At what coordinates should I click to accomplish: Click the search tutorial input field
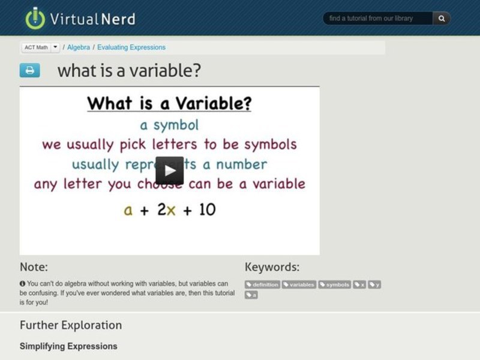point(378,19)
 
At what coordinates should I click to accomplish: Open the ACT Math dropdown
point(55,47)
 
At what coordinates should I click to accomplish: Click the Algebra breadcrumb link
point(79,47)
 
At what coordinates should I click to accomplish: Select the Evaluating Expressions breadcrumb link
point(131,47)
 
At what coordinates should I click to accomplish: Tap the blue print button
point(29,70)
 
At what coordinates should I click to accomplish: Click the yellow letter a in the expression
point(128,210)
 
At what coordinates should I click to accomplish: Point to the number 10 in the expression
point(206,209)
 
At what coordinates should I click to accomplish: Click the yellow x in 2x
point(171,210)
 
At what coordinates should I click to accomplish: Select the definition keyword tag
point(263,284)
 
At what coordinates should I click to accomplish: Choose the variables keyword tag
point(299,284)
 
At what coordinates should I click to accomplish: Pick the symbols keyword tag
point(335,284)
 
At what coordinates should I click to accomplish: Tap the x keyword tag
point(360,284)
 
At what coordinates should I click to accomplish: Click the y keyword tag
point(375,284)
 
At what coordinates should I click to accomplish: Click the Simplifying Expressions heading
point(68,346)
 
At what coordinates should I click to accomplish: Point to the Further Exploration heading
point(71,325)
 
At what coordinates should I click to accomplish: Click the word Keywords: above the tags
point(272,267)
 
